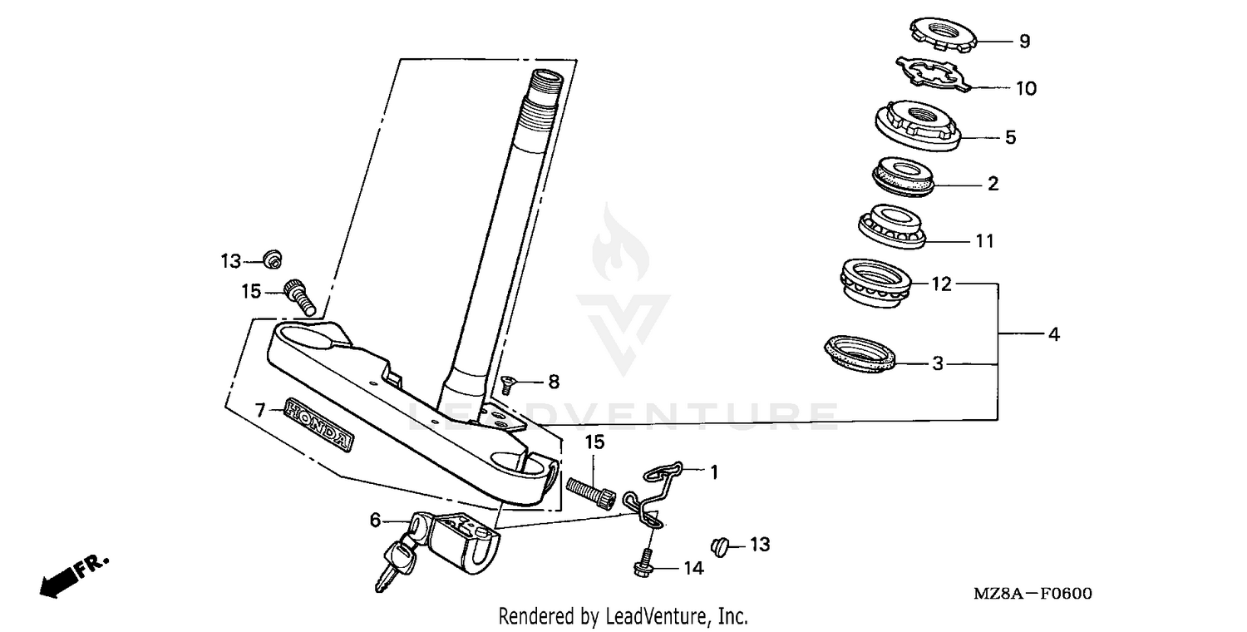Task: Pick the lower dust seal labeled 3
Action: [x=861, y=353]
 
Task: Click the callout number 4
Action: [x=1054, y=334]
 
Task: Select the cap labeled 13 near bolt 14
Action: [x=720, y=546]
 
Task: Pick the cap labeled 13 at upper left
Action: [x=271, y=260]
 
